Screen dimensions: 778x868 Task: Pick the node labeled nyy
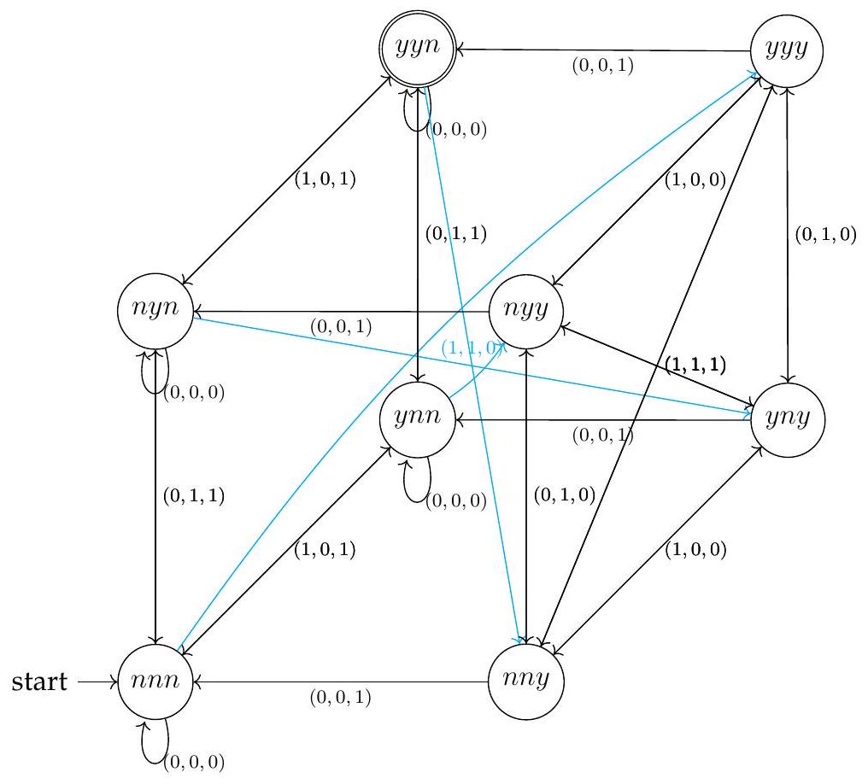pos(525,311)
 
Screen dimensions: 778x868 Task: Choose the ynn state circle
pos(417,418)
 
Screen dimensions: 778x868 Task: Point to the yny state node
pos(786,418)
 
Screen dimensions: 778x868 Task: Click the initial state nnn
pos(155,682)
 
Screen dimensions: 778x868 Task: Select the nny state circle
pos(525,682)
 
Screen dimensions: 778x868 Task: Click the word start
pos(39,682)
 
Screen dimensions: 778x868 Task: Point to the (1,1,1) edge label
pos(695,365)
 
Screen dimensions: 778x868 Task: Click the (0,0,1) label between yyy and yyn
pos(602,66)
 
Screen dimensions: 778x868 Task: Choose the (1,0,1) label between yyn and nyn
pos(325,181)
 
